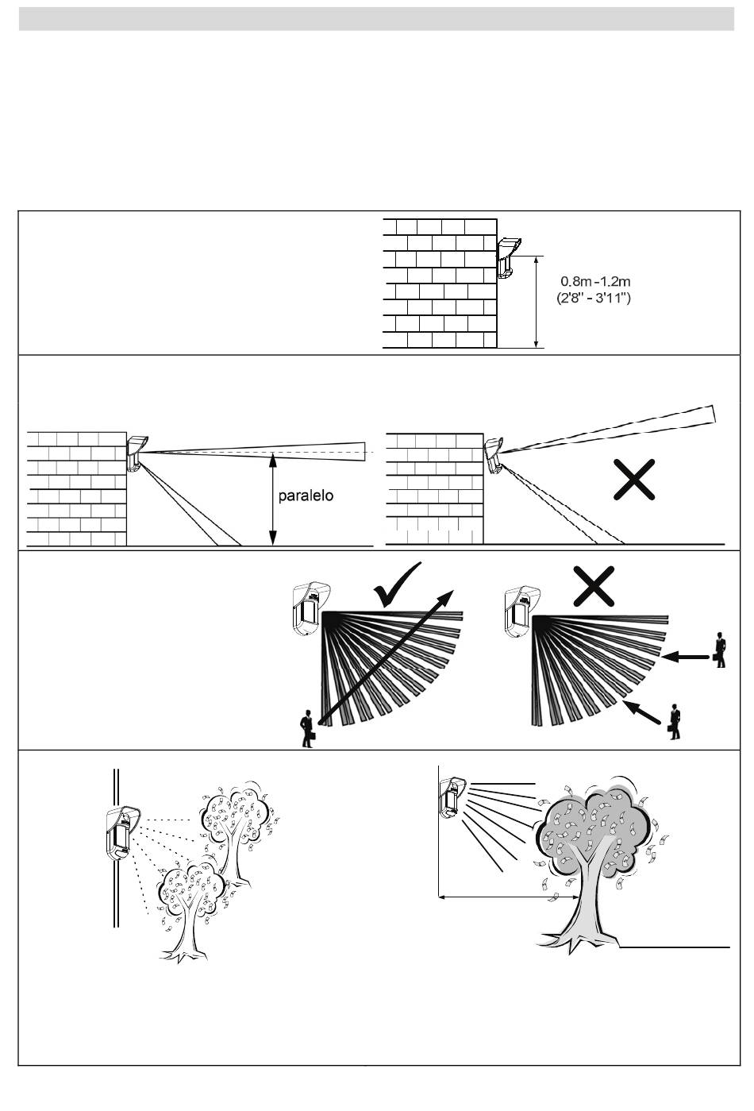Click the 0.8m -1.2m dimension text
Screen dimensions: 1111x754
[x=596, y=281]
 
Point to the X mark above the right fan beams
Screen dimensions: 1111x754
[x=597, y=588]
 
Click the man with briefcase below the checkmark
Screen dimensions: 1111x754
[x=306, y=730]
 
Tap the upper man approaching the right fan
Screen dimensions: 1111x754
[x=720, y=649]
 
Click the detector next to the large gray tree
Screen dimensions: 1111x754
[x=450, y=797]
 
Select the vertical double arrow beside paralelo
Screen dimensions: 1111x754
[x=272, y=500]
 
